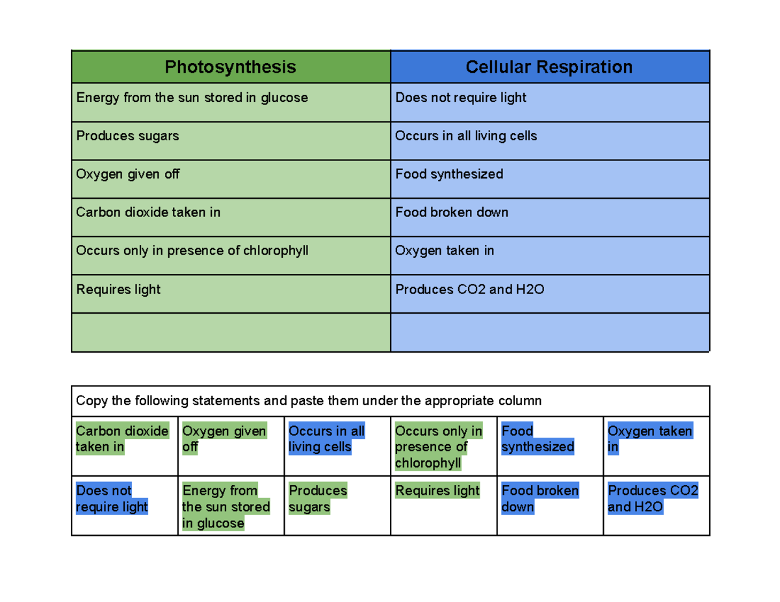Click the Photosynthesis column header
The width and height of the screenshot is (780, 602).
click(230, 67)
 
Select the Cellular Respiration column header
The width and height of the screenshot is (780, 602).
click(549, 67)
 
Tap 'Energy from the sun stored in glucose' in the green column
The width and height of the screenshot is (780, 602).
click(192, 98)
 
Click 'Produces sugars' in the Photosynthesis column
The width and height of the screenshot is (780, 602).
click(127, 136)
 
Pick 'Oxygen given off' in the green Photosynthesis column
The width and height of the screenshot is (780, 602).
click(128, 174)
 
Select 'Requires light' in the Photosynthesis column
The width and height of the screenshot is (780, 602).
click(118, 290)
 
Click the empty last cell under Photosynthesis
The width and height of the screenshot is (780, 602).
click(230, 332)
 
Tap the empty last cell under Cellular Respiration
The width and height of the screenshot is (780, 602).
click(549, 332)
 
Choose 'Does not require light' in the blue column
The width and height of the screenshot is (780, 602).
click(460, 98)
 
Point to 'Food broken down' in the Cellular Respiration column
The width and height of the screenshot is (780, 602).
click(452, 212)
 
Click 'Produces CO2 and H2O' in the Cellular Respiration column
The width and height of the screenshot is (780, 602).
click(469, 290)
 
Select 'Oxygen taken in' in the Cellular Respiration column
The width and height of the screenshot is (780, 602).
click(445, 251)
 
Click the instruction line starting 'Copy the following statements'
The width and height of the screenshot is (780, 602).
click(309, 401)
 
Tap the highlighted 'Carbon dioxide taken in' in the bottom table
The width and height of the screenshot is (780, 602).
click(122, 439)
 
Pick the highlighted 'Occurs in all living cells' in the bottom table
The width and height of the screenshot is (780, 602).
click(326, 439)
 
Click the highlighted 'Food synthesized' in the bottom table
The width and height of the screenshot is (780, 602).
click(538, 439)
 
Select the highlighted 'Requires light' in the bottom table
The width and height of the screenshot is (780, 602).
click(437, 491)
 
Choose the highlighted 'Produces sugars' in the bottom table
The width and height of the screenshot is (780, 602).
click(318, 499)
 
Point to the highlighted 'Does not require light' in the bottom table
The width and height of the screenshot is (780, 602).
click(112, 499)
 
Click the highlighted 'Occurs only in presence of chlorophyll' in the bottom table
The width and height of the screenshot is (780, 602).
click(439, 447)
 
